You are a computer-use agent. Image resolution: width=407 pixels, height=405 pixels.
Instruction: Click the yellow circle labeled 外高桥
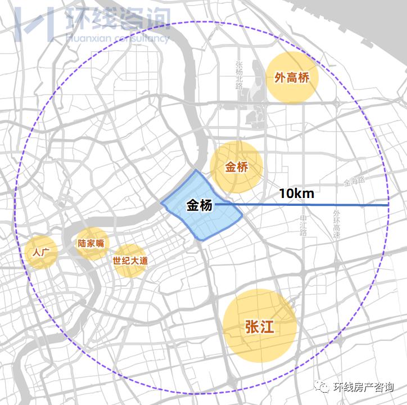coord(292,78)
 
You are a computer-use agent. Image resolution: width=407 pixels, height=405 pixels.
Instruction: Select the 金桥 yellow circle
coord(236,167)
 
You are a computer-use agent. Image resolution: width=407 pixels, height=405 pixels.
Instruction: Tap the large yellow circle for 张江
coord(259,327)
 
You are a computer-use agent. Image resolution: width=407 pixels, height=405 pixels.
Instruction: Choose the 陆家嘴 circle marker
coord(92,244)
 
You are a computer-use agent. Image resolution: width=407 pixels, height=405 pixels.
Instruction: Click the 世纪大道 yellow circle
coord(130,261)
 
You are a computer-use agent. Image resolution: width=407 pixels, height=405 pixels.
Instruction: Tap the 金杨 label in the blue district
coord(200,206)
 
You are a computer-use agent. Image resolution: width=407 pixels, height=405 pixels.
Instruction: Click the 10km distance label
coord(296,193)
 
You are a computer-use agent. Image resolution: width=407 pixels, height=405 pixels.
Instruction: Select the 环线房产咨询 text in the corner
coord(363,387)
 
